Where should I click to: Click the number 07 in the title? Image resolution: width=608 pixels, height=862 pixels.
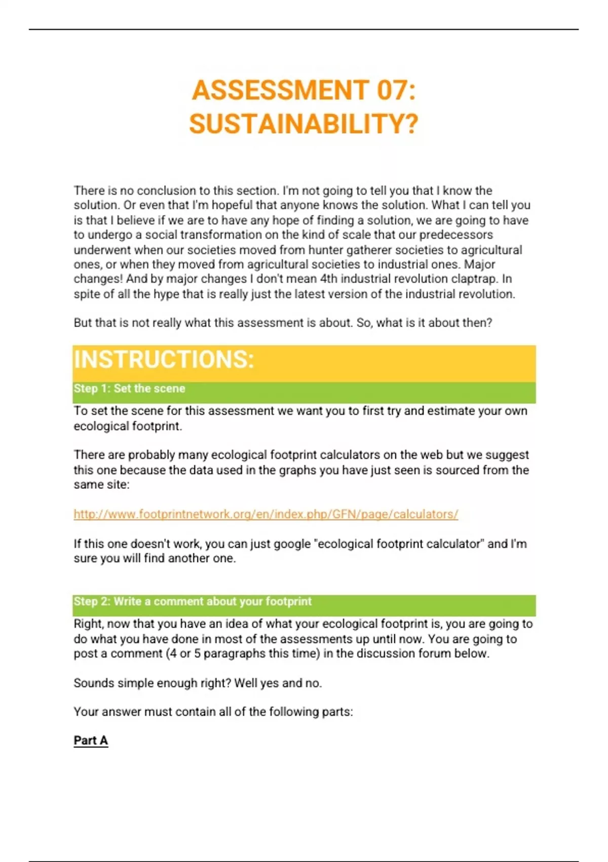tap(392, 91)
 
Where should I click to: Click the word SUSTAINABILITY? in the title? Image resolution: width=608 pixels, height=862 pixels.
tap(304, 124)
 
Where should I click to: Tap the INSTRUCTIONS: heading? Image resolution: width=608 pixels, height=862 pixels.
tap(164, 360)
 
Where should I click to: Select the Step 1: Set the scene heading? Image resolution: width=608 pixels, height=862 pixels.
tap(129, 389)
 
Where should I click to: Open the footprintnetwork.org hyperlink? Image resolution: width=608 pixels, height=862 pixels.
tap(266, 514)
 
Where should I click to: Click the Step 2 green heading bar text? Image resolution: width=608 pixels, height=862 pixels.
tap(193, 602)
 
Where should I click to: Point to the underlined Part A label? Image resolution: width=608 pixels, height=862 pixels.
tap(91, 741)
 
